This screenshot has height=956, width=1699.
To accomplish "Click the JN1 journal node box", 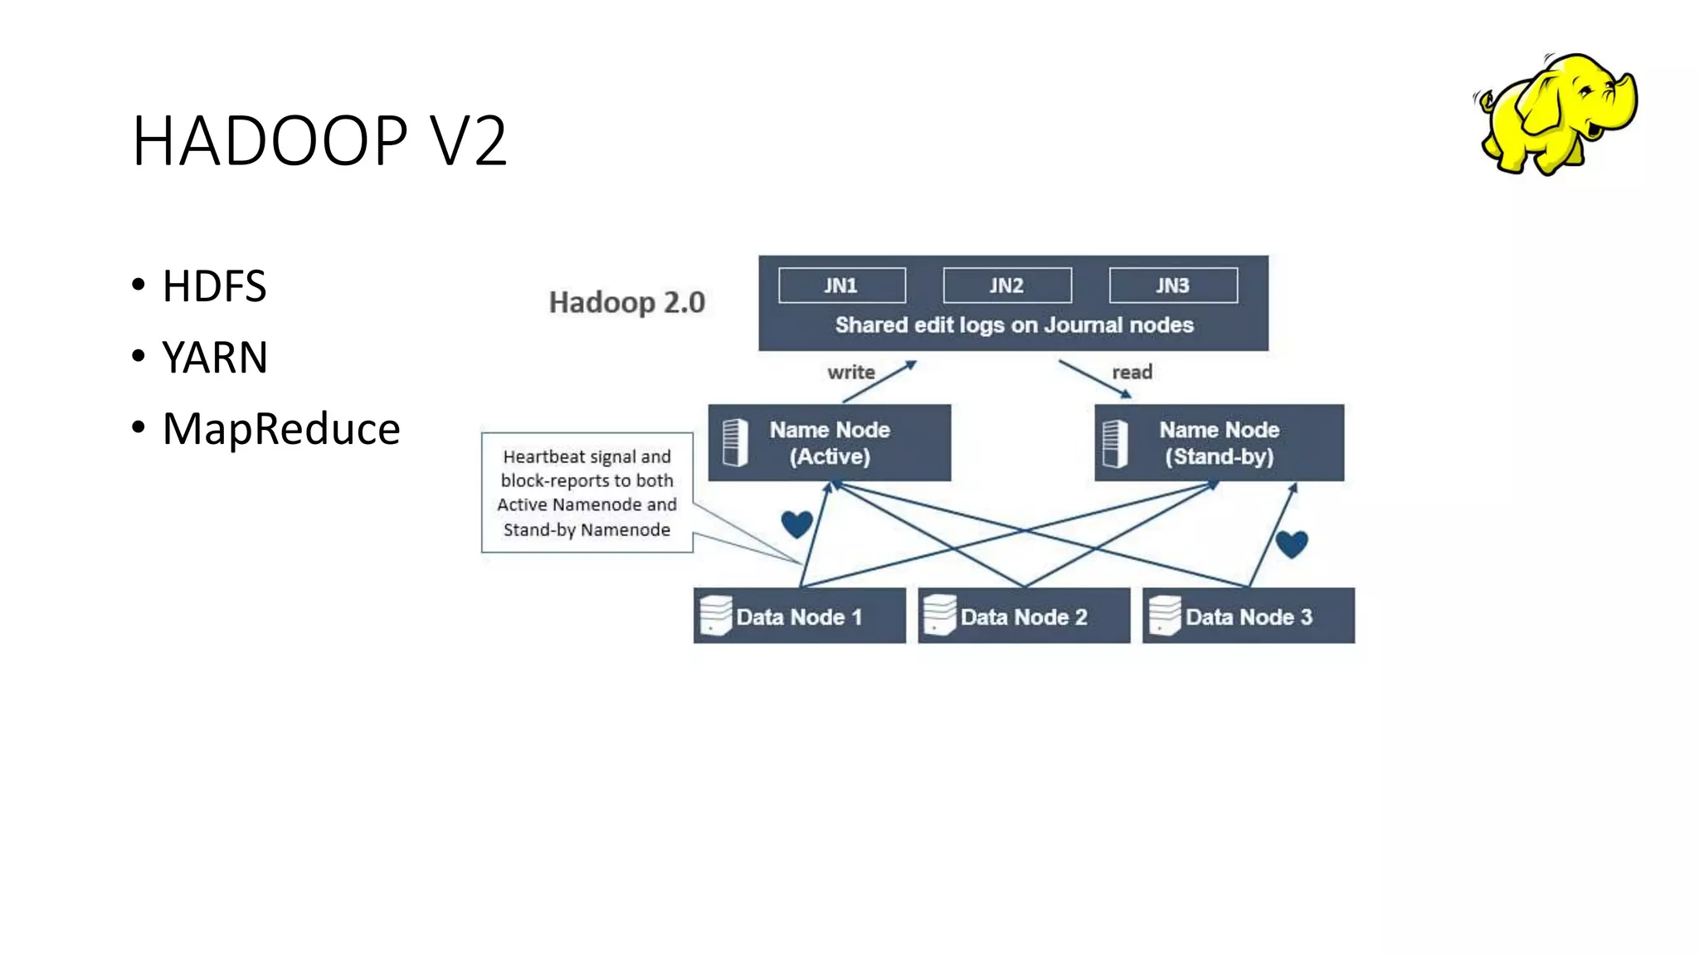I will [841, 285].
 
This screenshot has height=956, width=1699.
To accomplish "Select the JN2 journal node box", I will [1006, 285].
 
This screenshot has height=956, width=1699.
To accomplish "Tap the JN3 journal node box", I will [1172, 285].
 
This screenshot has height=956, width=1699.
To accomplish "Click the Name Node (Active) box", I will [829, 443].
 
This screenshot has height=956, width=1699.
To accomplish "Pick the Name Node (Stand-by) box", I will [1219, 443].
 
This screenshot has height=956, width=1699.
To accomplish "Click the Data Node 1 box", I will [799, 617].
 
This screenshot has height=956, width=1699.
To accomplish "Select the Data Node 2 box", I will [1024, 617].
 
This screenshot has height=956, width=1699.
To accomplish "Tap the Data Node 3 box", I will [1248, 617].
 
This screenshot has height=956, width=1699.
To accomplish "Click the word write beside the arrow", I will [850, 373].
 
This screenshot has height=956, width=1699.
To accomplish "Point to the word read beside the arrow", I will [1132, 373].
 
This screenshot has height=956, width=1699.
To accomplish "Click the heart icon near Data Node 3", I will [1291, 544].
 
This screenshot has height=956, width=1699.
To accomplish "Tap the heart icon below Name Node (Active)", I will [796, 524].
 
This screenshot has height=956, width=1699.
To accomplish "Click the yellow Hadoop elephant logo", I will [1556, 115].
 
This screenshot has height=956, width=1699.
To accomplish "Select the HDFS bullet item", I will [214, 286].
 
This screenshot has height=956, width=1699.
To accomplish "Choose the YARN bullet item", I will [215, 358].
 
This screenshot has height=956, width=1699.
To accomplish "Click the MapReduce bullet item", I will [280, 429].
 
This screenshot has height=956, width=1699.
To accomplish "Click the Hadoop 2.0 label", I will [626, 302].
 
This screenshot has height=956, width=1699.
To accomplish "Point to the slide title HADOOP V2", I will [319, 141].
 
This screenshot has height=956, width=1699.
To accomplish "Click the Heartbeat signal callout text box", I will [587, 493].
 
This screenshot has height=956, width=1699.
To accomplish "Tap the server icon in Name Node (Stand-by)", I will [1115, 443].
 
